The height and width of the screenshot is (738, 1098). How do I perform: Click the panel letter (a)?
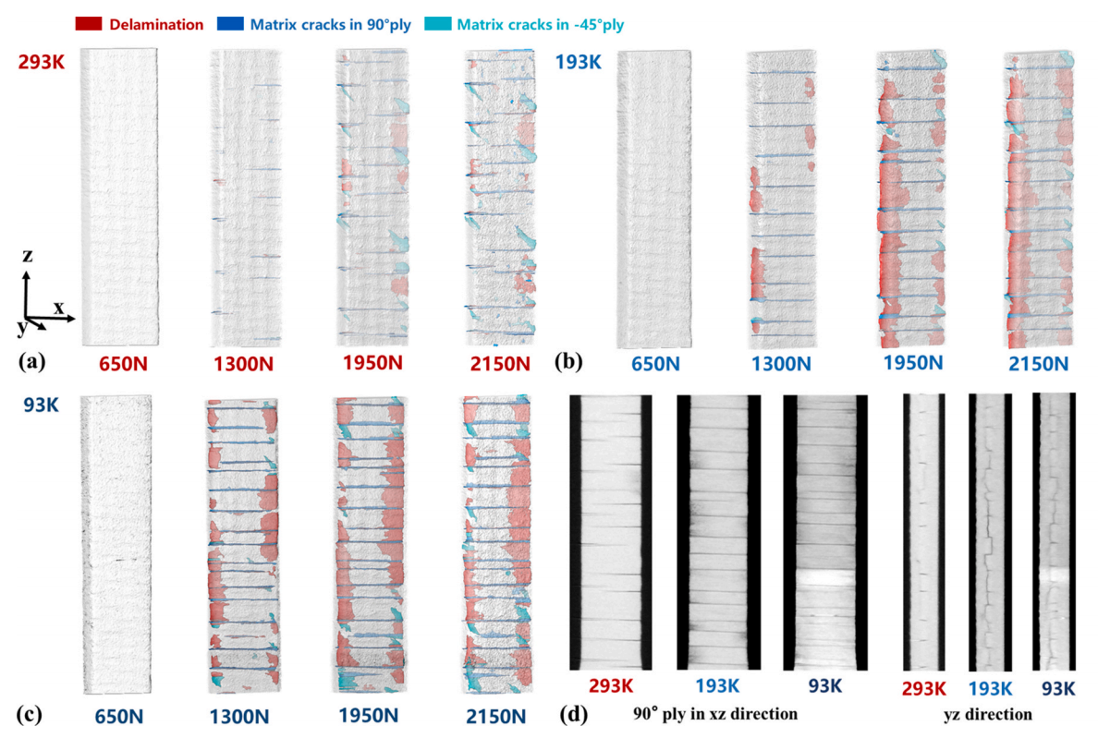(32, 362)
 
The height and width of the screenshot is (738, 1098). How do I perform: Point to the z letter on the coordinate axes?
(29, 255)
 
